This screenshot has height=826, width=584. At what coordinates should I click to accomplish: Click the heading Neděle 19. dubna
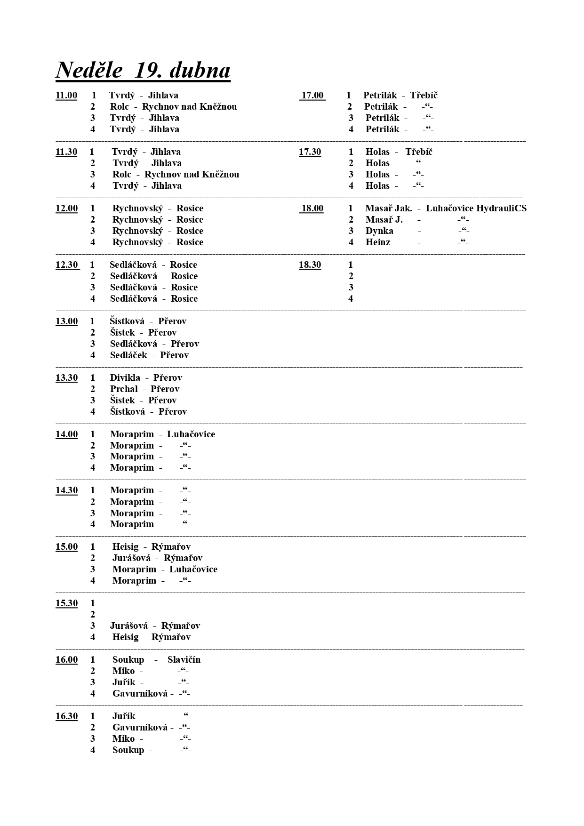(143, 71)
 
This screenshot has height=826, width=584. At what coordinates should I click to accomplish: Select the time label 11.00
(66, 96)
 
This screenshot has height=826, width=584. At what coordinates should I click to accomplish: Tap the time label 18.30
(310, 265)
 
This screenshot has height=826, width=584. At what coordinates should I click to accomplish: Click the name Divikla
(125, 378)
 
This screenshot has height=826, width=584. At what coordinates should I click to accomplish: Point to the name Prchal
(124, 389)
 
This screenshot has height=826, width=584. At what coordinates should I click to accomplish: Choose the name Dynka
(379, 231)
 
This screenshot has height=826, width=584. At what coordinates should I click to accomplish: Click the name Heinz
(378, 242)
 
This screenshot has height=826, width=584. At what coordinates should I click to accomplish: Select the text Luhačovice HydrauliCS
(476, 209)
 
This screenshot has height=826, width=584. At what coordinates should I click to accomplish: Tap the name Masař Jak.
(388, 209)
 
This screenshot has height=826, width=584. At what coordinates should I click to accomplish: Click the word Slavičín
(184, 660)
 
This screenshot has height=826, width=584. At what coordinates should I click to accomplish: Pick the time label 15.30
(66, 603)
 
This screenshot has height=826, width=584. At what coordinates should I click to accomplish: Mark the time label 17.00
(312, 96)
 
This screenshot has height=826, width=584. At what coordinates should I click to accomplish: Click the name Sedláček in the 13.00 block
(128, 355)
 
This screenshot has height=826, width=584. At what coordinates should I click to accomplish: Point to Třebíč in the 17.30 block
(419, 152)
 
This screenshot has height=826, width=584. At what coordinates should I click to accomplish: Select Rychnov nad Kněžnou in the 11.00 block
(189, 107)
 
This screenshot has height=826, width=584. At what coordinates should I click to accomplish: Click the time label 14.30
(66, 490)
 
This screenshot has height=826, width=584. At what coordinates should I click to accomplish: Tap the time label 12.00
(66, 209)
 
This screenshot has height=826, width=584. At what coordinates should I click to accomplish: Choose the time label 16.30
(66, 716)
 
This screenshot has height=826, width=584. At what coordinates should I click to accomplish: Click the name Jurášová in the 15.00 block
(131, 558)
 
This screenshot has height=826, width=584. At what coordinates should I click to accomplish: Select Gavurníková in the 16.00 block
(140, 694)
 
